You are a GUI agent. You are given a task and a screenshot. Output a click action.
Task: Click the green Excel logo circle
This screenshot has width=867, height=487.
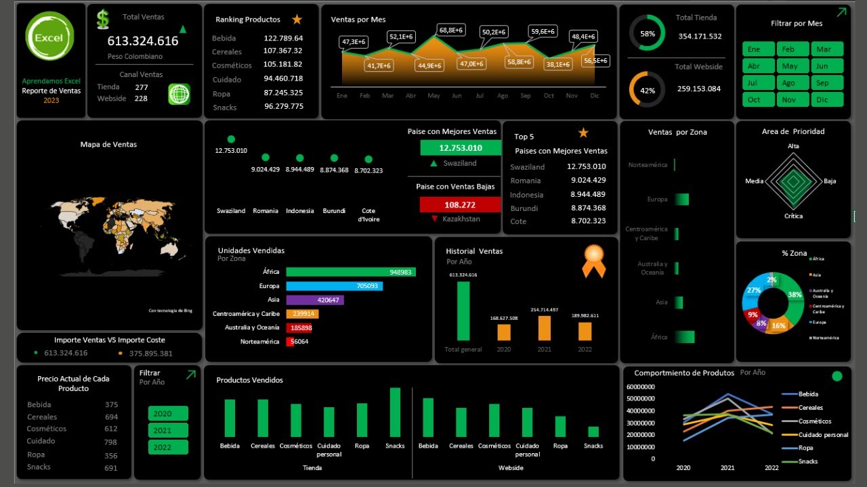pos(49,37)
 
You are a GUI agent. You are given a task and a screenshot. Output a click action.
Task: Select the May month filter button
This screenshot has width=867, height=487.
pos(790,66)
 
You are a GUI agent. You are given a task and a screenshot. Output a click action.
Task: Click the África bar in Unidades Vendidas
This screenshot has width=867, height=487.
pos(350,272)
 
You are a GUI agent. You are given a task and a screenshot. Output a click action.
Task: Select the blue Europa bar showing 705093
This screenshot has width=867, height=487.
pos(334,286)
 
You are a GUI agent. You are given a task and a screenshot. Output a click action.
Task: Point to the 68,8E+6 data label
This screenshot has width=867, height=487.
pos(450,30)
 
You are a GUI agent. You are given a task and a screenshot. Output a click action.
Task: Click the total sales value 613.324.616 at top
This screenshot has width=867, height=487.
pos(143,41)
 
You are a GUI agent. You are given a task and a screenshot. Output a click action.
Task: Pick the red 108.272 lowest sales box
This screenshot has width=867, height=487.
pos(460,204)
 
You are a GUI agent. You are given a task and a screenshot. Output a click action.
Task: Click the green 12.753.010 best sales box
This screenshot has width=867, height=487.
pos(460,148)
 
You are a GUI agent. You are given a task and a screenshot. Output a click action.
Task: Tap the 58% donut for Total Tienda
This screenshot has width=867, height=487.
pos(648,33)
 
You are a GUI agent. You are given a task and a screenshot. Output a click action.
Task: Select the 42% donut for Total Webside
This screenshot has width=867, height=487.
pos(648,90)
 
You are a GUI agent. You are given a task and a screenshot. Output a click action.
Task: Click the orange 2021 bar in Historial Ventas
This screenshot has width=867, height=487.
pos(545,328)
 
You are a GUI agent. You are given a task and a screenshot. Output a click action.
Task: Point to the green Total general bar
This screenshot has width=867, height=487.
pos(463,311)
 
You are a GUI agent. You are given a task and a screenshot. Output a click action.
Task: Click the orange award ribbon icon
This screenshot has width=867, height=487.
pos(593,261)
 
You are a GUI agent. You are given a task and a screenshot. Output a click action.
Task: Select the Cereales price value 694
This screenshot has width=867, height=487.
pos(111,417)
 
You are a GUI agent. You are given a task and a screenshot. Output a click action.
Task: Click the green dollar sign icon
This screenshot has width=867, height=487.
pos(103,19)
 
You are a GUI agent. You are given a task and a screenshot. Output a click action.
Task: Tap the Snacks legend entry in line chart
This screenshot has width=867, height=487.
pos(807,461)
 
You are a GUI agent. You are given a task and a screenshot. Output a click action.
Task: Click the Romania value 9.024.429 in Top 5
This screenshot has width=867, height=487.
pos(586,181)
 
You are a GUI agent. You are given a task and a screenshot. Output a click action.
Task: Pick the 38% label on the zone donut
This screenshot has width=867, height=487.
pos(795,295)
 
